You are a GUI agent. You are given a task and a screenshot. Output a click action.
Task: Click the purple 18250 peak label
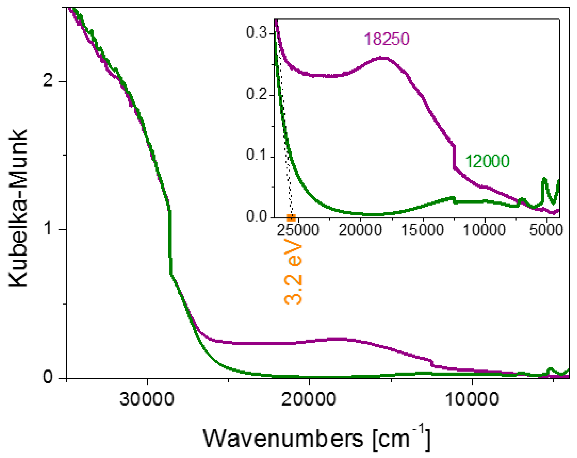coord(387,39)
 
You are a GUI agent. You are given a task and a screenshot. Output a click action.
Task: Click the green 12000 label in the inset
coord(487,161)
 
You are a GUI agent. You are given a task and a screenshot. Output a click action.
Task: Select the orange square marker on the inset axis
coord(291,218)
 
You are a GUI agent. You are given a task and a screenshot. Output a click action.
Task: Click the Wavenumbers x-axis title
coord(316,439)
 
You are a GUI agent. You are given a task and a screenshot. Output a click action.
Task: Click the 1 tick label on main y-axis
coord(48,229)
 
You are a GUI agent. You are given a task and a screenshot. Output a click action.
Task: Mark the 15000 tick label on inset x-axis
coord(423,230)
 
